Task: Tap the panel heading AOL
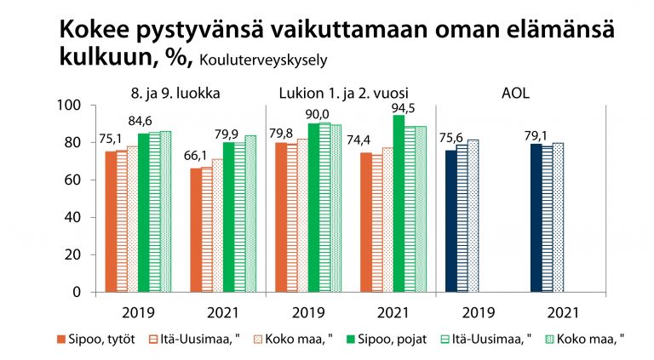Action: tap(514, 92)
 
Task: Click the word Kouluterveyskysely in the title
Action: tap(264, 60)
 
